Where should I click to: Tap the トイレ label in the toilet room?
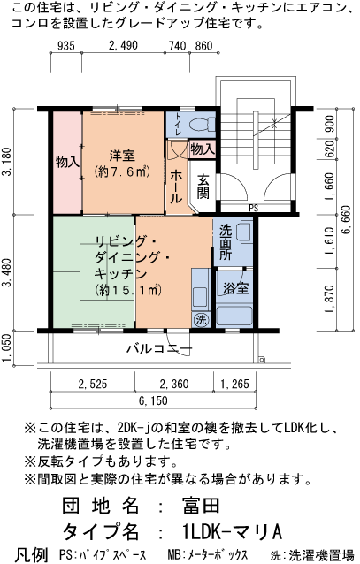pos(178,125)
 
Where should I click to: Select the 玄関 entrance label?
pos(203,185)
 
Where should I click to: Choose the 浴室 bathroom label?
pos(234,288)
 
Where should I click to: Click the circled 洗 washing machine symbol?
pos(201,319)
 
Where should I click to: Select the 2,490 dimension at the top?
pos(124,46)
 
